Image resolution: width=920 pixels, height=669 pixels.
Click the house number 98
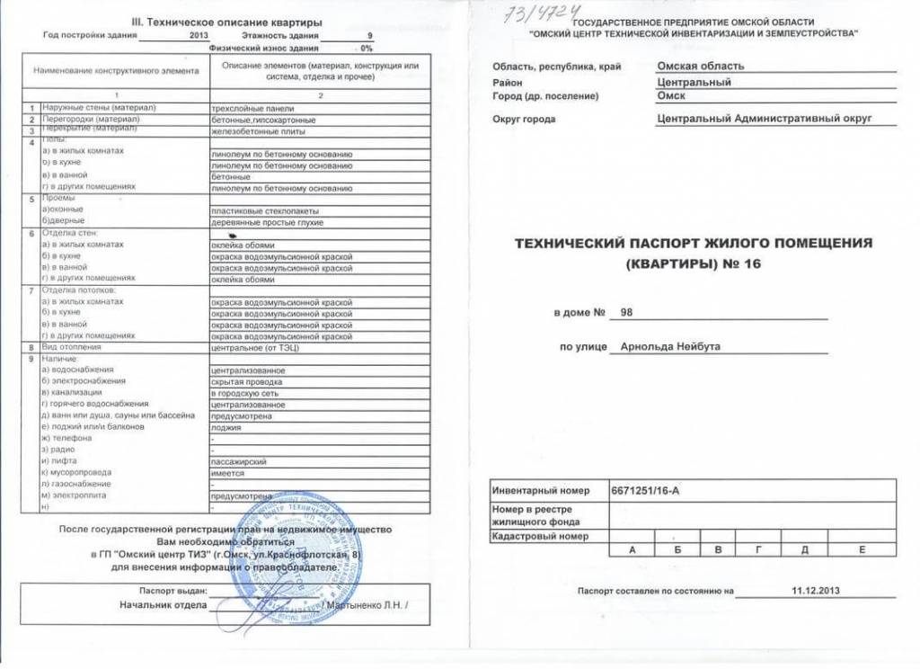click(627, 312)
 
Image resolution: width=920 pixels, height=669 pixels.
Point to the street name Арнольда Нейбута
click(664, 347)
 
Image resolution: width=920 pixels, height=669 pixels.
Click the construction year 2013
click(199, 35)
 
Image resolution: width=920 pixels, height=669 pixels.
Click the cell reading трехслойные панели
click(245, 108)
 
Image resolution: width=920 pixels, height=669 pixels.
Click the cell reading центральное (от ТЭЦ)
click(248, 346)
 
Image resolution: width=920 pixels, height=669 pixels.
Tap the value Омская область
click(701, 66)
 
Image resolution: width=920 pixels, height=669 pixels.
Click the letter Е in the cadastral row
click(861, 549)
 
